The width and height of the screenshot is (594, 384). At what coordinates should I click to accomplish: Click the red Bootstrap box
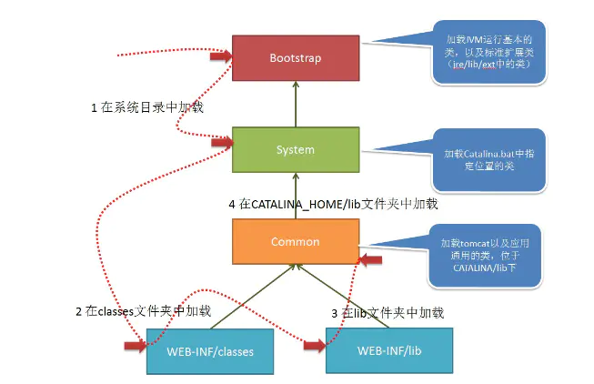tap(296, 57)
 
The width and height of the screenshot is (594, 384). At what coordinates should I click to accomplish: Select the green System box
tap(296, 149)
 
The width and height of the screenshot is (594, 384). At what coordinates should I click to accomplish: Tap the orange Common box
tap(296, 242)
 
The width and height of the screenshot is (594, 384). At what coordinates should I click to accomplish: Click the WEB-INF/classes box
tap(210, 350)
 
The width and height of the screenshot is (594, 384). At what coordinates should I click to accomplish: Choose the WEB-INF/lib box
tap(389, 350)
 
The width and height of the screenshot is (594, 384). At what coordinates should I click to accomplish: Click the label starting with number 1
tap(146, 108)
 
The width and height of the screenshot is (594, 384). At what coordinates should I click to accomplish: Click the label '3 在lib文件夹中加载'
tap(388, 312)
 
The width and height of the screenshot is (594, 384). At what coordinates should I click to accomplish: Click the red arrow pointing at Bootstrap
tap(219, 57)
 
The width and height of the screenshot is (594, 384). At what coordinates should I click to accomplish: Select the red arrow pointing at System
tap(219, 141)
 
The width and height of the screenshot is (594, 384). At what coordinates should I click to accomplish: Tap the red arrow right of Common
tap(371, 261)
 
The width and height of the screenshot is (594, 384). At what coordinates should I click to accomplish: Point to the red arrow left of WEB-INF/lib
tap(314, 347)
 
